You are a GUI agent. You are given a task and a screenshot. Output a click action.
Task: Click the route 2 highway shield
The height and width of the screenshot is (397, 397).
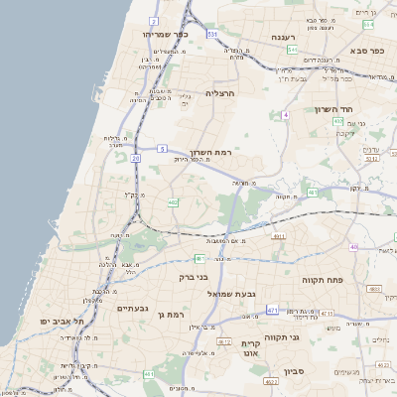pyautogui.click(x=154, y=20)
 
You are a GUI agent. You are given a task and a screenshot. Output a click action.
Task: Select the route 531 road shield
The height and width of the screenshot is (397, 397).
pyautogui.click(x=211, y=34)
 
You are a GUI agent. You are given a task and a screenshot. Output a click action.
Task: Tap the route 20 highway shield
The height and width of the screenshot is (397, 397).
pyautogui.click(x=135, y=158)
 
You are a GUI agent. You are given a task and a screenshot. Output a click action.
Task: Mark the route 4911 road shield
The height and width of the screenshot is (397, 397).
pyautogui.click(x=279, y=236)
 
